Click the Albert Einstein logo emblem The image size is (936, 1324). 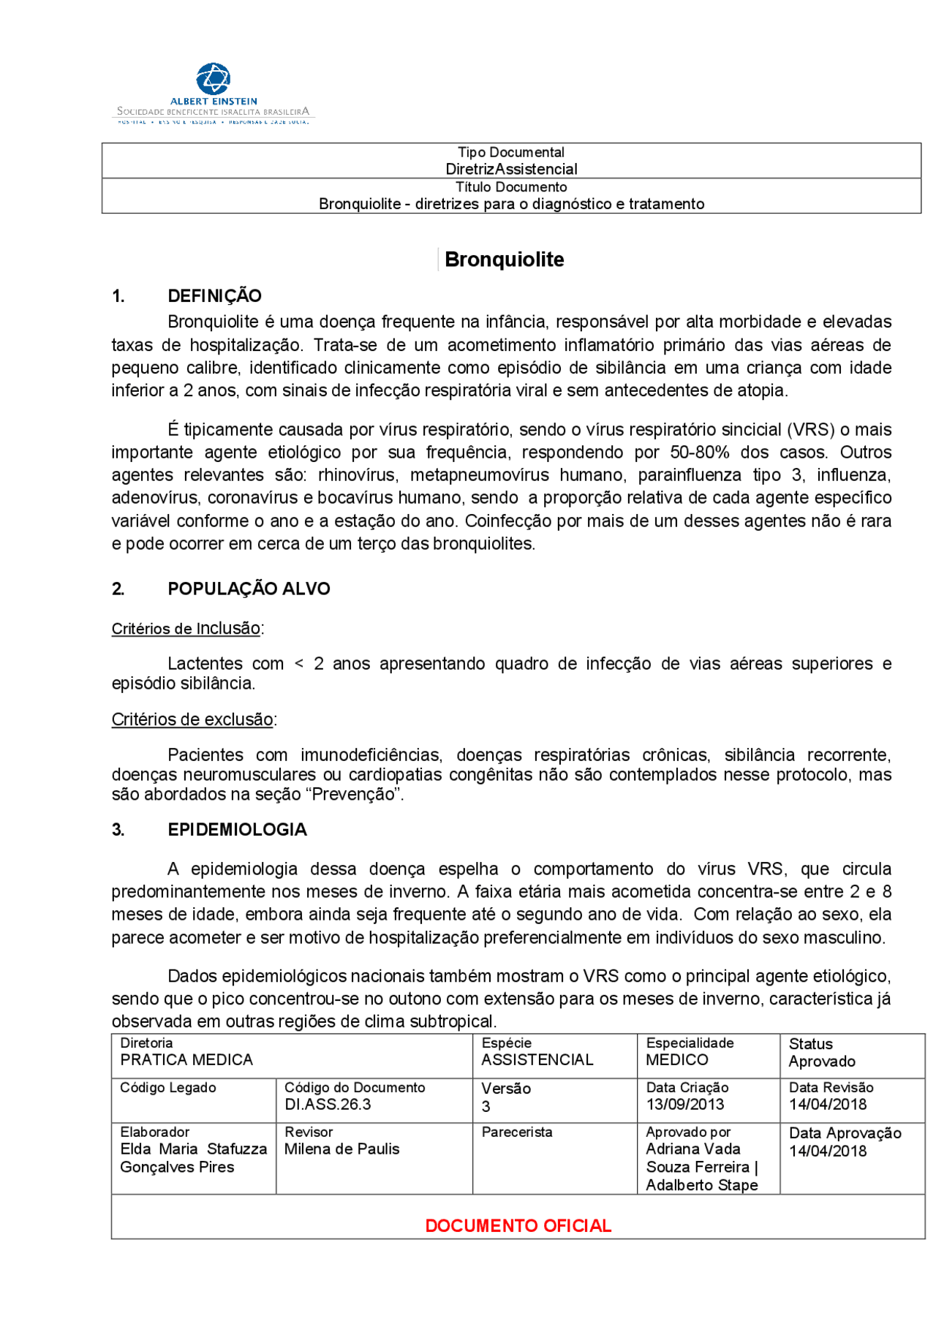click(x=214, y=78)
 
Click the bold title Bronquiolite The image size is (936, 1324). click(x=504, y=260)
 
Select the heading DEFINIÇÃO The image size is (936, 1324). click(x=214, y=296)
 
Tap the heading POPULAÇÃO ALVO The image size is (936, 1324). click(x=249, y=589)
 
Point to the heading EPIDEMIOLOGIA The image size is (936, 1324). click(x=237, y=829)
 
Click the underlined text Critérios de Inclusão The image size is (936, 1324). click(x=186, y=629)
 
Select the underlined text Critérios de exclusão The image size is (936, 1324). click(x=192, y=719)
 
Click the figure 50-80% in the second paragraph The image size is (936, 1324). click(x=699, y=453)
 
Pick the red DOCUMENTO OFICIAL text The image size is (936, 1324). click(x=518, y=1225)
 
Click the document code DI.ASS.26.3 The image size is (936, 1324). click(x=328, y=1104)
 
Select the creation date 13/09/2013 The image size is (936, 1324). click(x=684, y=1104)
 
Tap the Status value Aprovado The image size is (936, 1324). click(x=821, y=1062)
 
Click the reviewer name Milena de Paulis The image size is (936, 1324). click(x=341, y=1149)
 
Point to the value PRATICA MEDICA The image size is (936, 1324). click(x=186, y=1059)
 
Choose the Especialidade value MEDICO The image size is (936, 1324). click(x=676, y=1059)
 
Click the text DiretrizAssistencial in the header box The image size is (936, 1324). click(x=511, y=169)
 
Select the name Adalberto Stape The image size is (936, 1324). click(x=701, y=1185)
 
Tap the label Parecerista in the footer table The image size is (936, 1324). click(x=516, y=1132)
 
